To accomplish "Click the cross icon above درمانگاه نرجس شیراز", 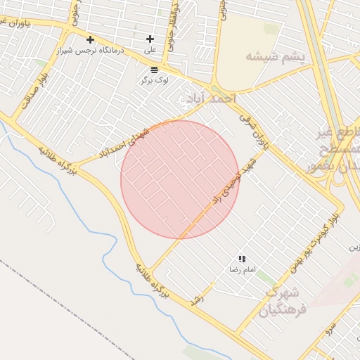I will [90, 39].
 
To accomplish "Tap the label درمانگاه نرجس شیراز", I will [90, 50].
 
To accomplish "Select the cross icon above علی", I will [150, 39].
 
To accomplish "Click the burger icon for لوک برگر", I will [154, 69].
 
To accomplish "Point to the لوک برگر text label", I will [154, 80].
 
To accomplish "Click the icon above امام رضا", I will [242, 259].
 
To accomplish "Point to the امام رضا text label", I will [242, 270].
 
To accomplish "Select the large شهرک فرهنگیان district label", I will [283, 301].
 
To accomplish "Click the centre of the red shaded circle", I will [180, 179].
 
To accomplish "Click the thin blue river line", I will [84, 211].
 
